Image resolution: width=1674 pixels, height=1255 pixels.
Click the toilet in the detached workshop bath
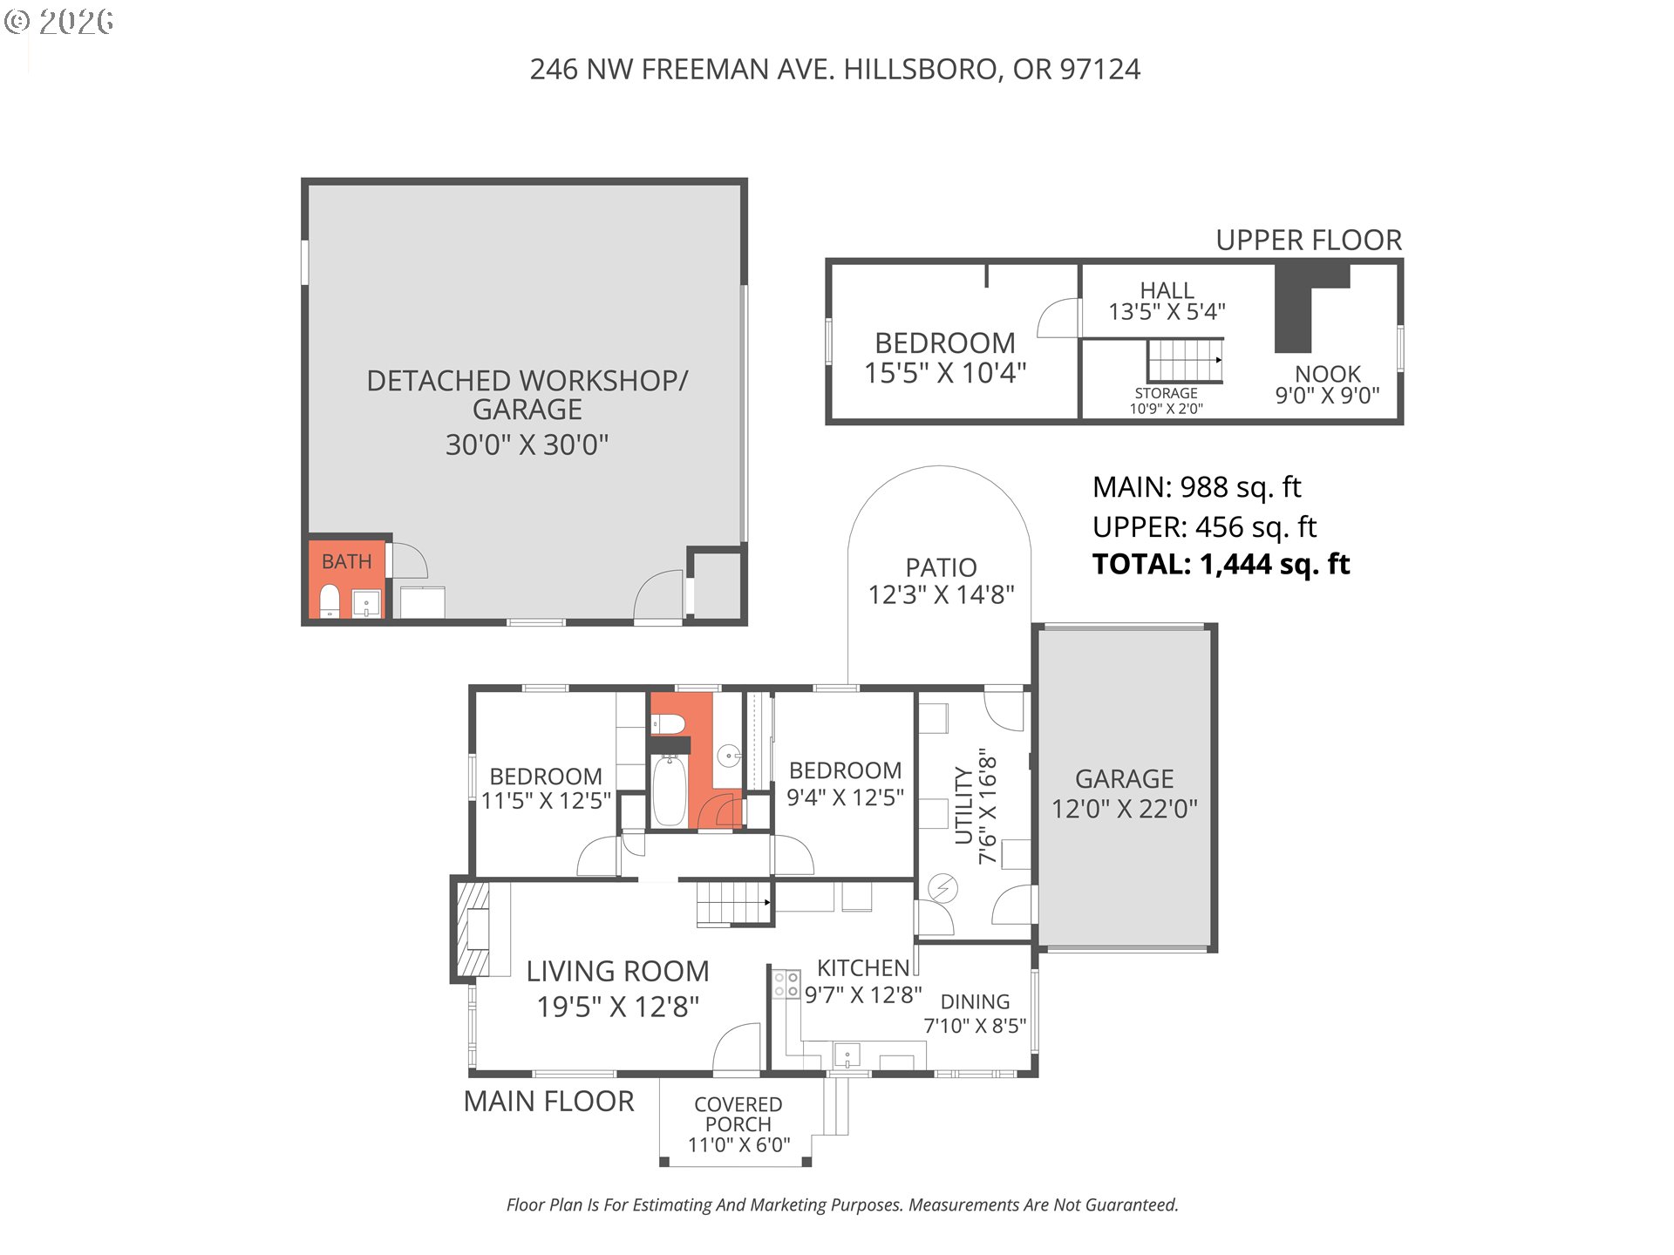click(330, 600)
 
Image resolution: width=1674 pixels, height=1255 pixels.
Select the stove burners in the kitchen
click(786, 984)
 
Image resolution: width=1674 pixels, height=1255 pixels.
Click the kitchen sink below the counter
click(847, 1055)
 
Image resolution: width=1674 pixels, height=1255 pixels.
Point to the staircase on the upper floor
click(1185, 360)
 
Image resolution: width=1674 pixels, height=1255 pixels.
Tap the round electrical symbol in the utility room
click(942, 889)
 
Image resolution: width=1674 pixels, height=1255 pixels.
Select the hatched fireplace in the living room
click(472, 929)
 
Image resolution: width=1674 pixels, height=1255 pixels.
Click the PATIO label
click(941, 567)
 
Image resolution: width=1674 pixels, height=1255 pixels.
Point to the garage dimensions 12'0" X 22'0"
click(1124, 809)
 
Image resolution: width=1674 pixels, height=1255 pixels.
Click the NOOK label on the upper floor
click(1327, 374)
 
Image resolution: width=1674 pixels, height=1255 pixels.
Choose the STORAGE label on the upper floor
click(1166, 393)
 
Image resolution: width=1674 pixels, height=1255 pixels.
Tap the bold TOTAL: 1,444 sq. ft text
click(1221, 565)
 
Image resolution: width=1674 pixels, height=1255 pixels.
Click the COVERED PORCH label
click(738, 1114)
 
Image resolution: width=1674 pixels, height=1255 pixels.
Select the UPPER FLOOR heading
click(1309, 240)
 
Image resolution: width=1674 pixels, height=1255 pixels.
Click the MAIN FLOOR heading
click(548, 1101)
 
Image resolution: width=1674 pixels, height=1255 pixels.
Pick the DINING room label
click(975, 1002)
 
